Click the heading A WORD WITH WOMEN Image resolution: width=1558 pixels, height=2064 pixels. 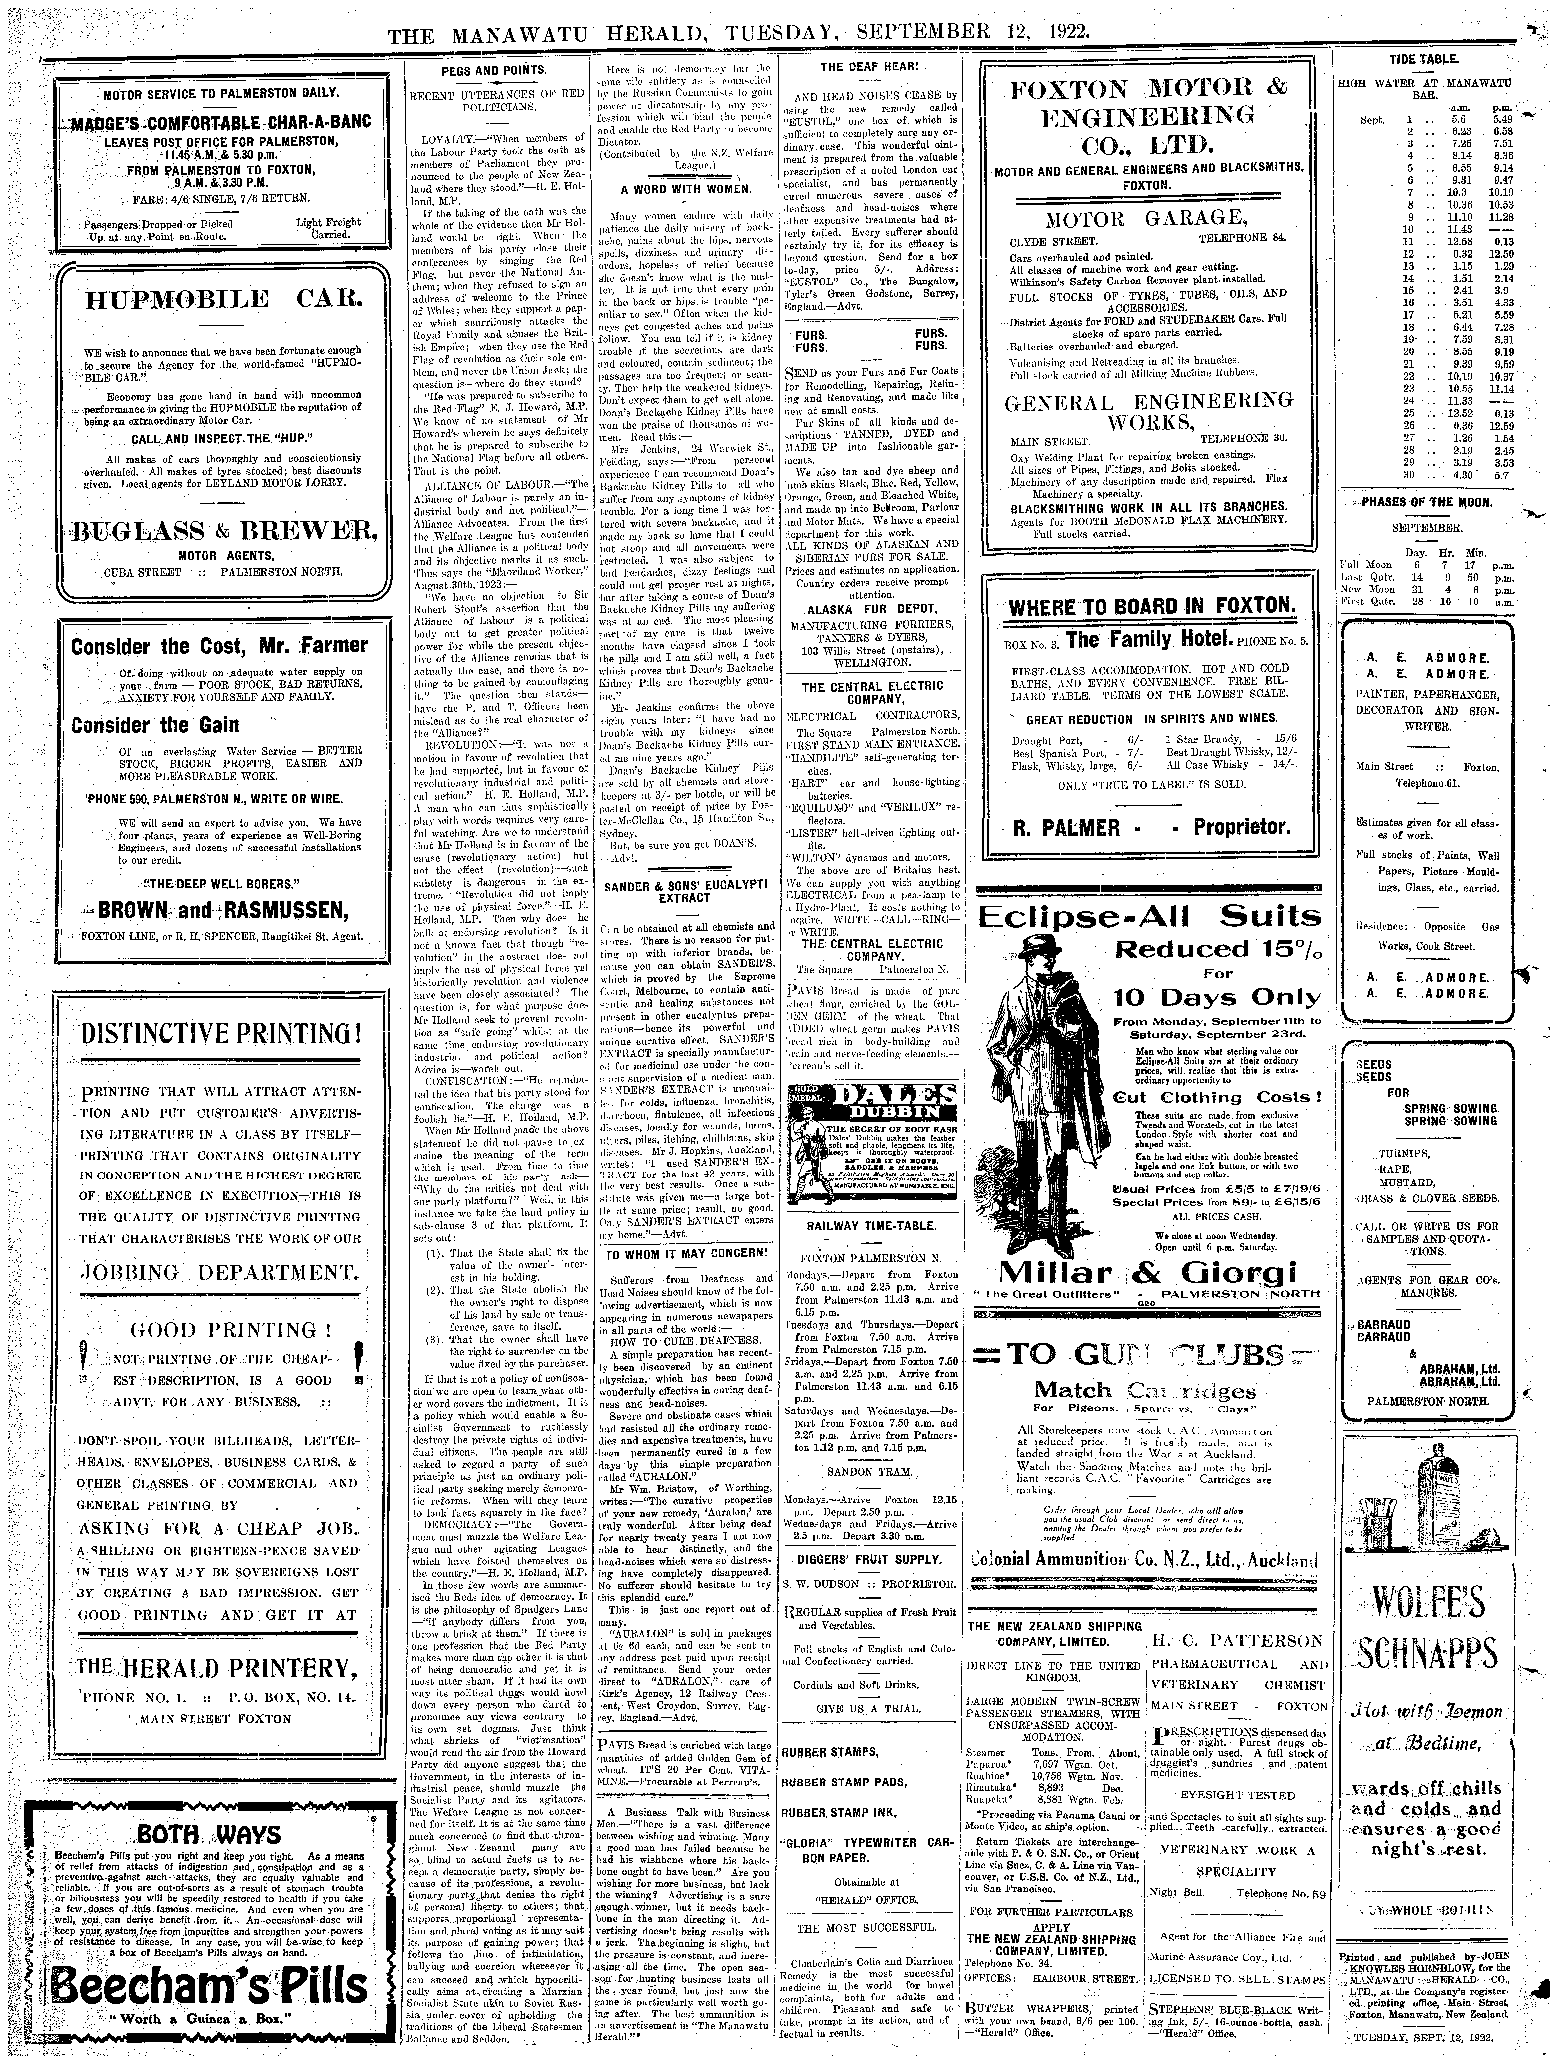pos(686,189)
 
